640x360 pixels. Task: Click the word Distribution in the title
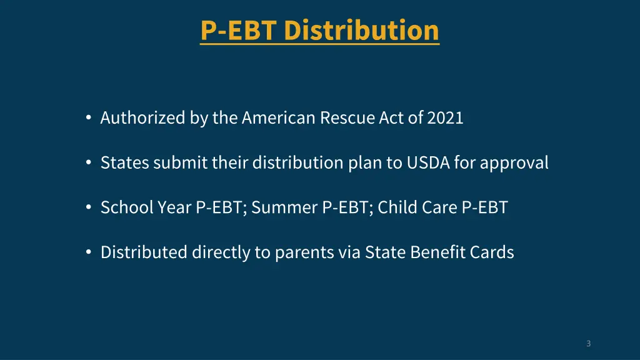pos(361,30)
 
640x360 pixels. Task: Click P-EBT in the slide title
pos(239,30)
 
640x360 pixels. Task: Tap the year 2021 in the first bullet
pos(445,117)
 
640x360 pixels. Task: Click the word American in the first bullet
pos(279,117)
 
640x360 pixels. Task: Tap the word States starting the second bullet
pos(124,162)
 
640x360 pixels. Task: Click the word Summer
pos(284,207)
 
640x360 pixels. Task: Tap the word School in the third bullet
pos(126,207)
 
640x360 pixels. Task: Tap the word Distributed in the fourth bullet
pos(144,252)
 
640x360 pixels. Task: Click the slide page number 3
pos(588,343)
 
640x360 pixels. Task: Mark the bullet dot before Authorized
pos(89,117)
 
